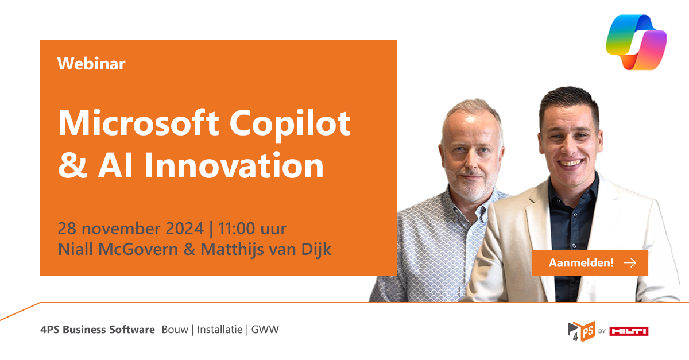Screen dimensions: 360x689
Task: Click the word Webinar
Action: pyautogui.click(x=91, y=64)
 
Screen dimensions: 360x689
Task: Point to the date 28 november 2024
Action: pyautogui.click(x=130, y=229)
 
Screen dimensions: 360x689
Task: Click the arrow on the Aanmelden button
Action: pyautogui.click(x=630, y=263)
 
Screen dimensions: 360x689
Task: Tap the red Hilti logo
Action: pyautogui.click(x=629, y=331)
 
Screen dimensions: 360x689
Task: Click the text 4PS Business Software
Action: pyautogui.click(x=98, y=330)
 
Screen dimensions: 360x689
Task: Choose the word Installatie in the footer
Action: pyautogui.click(x=220, y=330)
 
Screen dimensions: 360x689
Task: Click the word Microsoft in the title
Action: pyautogui.click(x=131, y=123)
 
